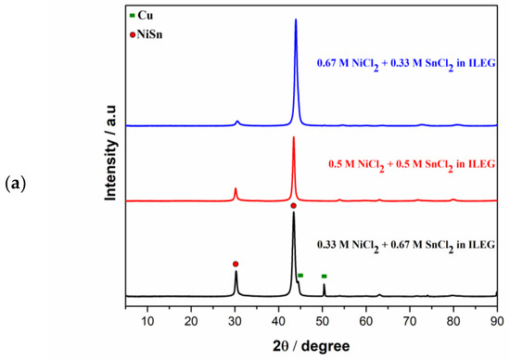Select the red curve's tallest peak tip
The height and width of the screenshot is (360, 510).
(294, 137)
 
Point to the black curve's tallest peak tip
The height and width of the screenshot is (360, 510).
(294, 213)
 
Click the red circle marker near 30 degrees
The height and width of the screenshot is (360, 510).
(236, 264)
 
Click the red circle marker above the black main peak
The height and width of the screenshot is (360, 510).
(294, 206)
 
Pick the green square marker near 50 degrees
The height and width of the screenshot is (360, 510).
(324, 276)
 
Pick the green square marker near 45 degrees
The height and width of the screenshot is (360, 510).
(300, 276)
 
